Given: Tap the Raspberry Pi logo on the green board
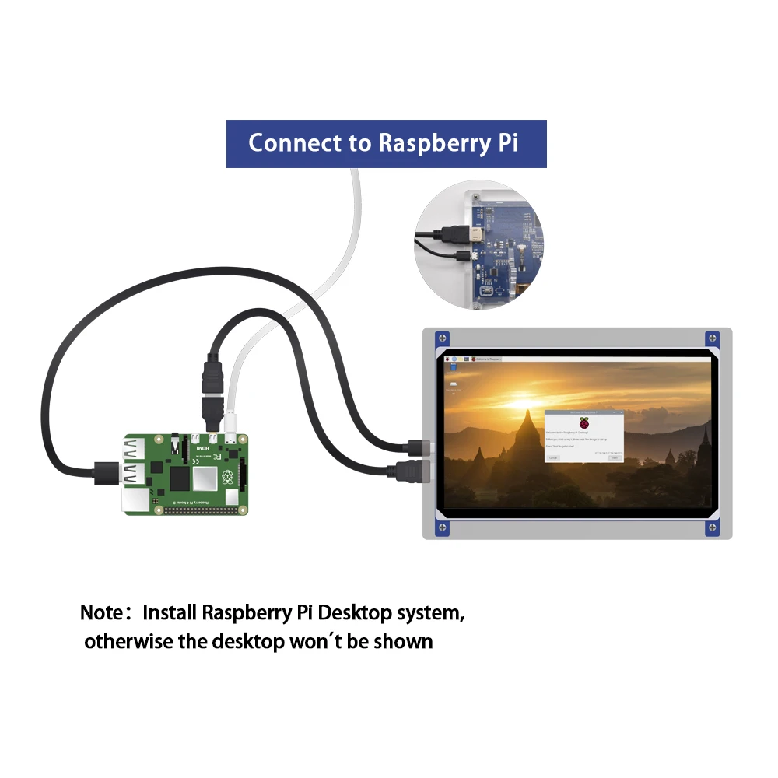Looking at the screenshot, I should tap(227, 477).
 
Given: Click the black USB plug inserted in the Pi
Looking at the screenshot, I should tap(103, 471).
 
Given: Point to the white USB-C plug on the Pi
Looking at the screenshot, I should tap(231, 424).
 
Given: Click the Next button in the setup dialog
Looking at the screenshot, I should tap(615, 457).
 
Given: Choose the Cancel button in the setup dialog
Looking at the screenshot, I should tap(553, 457).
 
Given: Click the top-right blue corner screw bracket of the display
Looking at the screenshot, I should tap(712, 339).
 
